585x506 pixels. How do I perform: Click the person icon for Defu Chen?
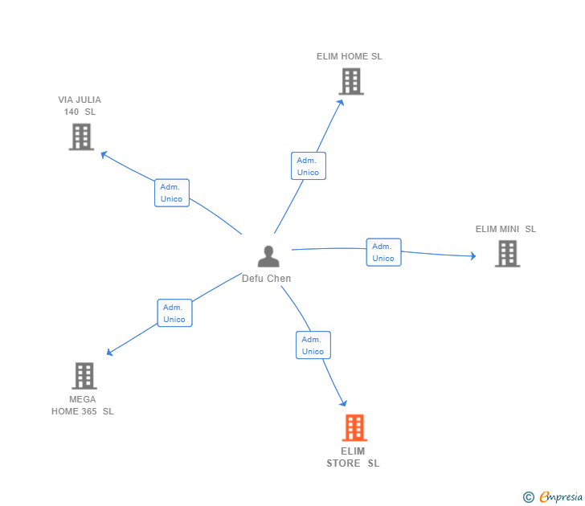[268, 257]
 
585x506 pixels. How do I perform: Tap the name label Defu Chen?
[267, 279]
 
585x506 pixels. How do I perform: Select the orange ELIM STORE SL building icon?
[354, 428]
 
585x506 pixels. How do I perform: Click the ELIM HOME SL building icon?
[350, 81]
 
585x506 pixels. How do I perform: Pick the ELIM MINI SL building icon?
[507, 254]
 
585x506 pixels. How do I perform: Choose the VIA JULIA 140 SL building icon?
[81, 137]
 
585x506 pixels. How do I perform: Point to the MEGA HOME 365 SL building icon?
[84, 375]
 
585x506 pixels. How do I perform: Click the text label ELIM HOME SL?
[350, 56]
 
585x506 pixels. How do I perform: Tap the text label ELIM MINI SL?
[505, 229]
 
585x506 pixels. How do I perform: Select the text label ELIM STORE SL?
[353, 457]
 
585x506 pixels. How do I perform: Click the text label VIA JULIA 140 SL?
[80, 106]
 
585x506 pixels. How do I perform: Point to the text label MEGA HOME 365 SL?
[83, 406]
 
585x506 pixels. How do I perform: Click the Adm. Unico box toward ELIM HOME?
[308, 166]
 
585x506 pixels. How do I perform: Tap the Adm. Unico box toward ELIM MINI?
[383, 252]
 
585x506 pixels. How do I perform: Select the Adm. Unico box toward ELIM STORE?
[313, 345]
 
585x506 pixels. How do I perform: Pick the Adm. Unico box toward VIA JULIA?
[171, 193]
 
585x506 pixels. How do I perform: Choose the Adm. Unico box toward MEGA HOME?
[174, 313]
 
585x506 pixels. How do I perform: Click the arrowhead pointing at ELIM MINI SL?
[472, 256]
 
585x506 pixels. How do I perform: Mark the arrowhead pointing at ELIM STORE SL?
[344, 403]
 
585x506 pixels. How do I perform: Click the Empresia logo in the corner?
[553, 497]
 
